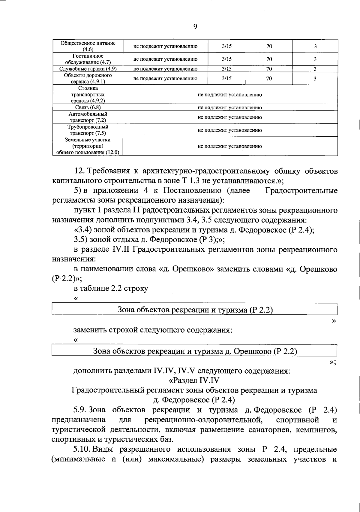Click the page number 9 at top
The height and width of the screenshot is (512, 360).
[195, 27]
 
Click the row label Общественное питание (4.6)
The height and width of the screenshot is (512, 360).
[88, 46]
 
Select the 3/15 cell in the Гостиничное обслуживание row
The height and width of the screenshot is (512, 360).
[226, 59]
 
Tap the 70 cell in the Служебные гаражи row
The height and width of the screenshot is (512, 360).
[269, 69]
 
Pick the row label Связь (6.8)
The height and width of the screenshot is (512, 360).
[88, 108]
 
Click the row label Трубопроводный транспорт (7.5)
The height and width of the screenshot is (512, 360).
[88, 130]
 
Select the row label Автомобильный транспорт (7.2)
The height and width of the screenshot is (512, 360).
[88, 117]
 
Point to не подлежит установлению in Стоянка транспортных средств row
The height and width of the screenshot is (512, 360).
[230, 95]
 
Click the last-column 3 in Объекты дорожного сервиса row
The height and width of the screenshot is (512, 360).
[315, 79]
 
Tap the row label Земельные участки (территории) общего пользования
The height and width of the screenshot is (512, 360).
[88, 146]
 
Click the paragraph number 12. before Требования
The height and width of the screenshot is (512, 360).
[80, 171]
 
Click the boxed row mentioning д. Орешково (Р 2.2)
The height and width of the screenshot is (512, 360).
[195, 351]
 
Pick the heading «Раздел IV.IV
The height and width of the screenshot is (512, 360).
[194, 380]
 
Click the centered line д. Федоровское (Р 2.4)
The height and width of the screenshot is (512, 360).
[194, 400]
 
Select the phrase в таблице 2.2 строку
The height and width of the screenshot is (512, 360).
[111, 288]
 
